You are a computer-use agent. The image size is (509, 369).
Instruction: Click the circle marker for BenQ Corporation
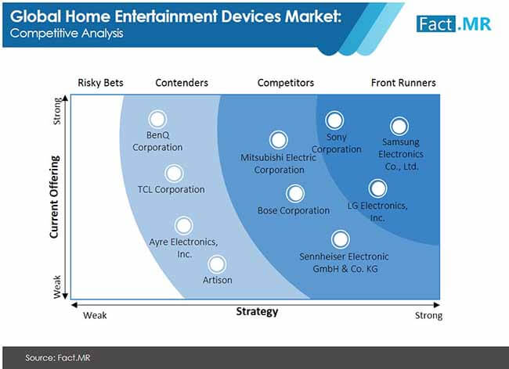(x=157, y=119)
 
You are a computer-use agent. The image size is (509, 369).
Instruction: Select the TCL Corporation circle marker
(x=174, y=174)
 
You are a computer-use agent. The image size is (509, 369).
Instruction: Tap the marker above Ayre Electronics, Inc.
(x=184, y=225)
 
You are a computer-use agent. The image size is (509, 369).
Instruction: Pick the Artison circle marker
(x=217, y=264)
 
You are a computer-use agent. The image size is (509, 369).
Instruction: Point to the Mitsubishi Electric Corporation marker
(x=279, y=140)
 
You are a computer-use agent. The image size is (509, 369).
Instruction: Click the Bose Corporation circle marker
(x=295, y=193)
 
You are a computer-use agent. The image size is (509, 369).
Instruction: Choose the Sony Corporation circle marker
(x=334, y=120)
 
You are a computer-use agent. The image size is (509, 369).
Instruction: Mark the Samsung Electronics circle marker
(x=399, y=126)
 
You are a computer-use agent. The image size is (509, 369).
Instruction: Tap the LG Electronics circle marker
(x=378, y=188)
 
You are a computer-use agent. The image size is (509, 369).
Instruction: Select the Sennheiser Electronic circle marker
(x=340, y=239)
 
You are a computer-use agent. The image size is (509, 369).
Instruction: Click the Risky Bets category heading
(x=101, y=83)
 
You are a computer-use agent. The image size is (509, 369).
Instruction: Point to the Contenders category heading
(x=182, y=83)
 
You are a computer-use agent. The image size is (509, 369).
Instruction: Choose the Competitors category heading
(x=286, y=83)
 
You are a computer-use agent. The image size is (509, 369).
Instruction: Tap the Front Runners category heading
(x=403, y=83)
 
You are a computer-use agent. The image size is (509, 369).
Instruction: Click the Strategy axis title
(x=257, y=312)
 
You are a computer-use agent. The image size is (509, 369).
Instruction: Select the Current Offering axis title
(x=55, y=197)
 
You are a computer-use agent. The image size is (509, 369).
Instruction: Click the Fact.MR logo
(x=454, y=24)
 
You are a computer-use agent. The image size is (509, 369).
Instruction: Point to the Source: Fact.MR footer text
(x=58, y=357)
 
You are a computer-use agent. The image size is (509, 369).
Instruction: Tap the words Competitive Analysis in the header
(x=67, y=34)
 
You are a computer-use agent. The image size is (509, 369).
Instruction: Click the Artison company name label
(x=217, y=280)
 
